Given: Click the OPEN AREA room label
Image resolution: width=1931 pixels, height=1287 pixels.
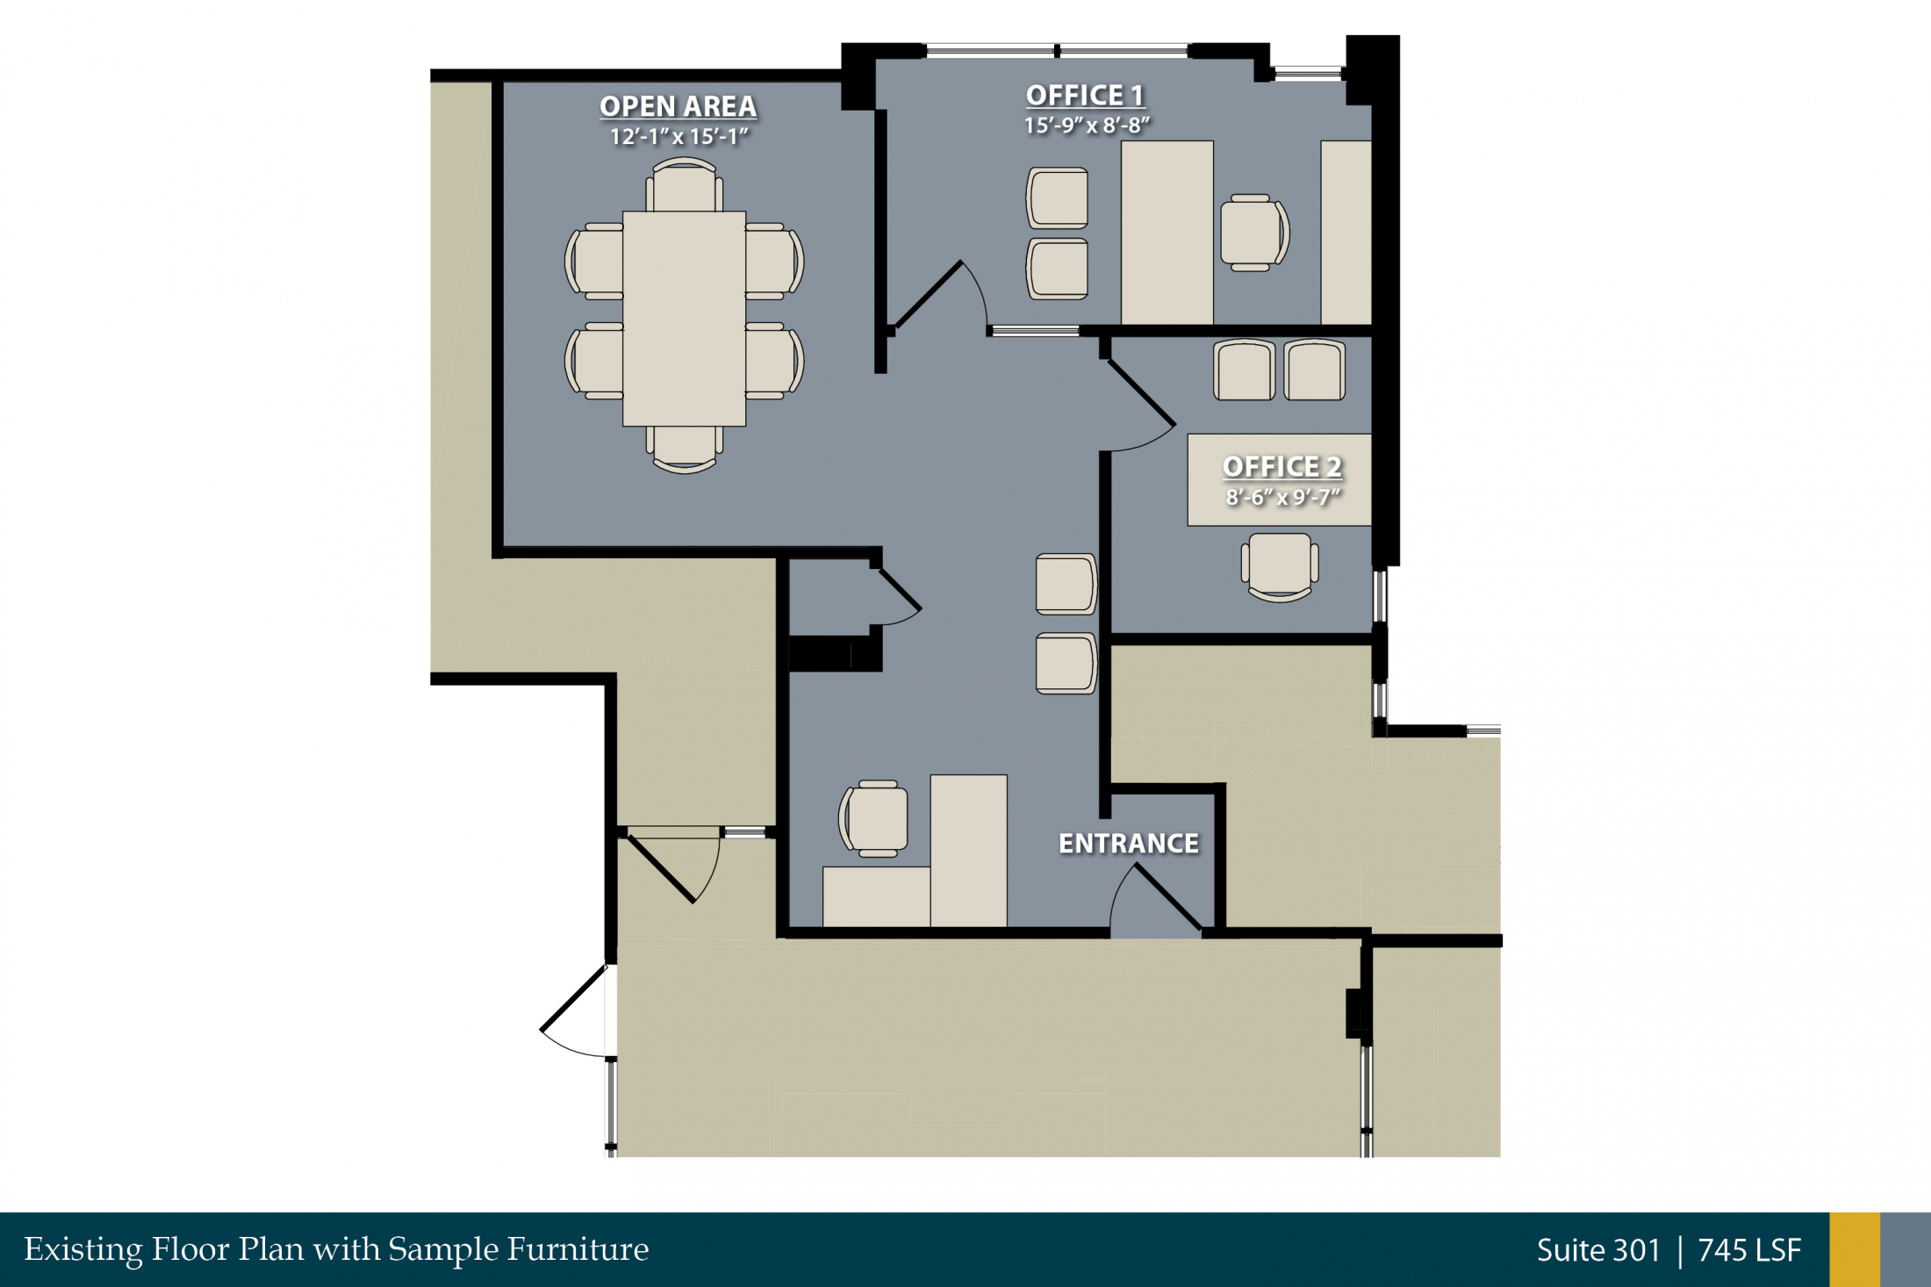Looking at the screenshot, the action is pos(678,106).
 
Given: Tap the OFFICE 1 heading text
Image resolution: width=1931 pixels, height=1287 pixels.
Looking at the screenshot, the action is pos(1085,96).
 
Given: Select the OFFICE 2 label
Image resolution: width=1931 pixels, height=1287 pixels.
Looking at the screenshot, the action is pos(1282,467).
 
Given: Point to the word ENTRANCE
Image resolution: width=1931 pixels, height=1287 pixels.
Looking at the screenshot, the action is pos(1129,844).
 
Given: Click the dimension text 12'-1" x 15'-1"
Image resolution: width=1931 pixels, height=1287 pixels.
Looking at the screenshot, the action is pos(679,137).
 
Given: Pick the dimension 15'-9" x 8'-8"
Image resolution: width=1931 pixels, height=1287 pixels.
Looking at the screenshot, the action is pos(1087,126).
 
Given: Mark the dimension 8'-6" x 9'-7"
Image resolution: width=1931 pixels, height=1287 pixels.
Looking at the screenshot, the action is pos(1283,498).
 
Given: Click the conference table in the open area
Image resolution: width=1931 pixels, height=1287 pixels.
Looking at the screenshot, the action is pos(685,319).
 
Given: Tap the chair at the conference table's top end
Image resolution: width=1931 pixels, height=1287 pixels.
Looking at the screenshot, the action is pos(685,184).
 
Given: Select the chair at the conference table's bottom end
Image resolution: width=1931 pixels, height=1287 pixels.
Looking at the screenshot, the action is pos(685,449).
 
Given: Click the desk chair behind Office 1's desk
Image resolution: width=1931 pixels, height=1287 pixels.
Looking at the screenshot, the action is pos(1254,233).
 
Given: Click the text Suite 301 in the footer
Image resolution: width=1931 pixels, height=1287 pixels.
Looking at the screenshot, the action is pos(1598,1250).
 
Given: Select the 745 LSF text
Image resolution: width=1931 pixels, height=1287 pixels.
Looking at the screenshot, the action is pos(1749,1250).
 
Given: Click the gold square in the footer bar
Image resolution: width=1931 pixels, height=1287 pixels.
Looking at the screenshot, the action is pos(1855,1250).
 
